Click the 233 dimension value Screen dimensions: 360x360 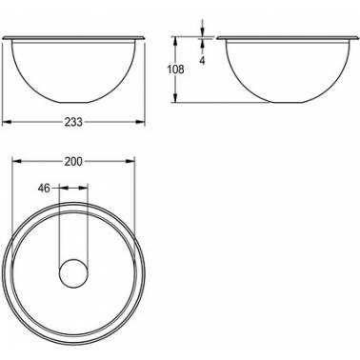[73, 122]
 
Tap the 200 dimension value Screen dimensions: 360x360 [73, 162]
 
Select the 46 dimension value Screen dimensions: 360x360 [44, 189]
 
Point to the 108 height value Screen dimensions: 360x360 [175, 70]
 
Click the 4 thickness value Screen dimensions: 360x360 [202, 61]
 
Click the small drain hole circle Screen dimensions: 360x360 [73, 273]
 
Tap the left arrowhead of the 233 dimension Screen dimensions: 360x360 [7, 122]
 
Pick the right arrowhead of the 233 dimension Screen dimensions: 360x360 [140, 122]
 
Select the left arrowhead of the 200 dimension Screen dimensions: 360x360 [16, 161]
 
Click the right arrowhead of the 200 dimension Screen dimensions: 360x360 [130, 161]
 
